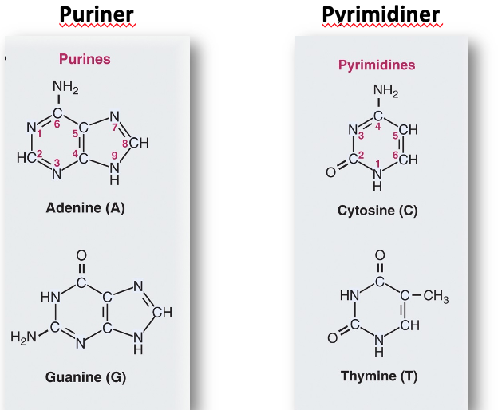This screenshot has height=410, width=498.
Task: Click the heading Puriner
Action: point(97,15)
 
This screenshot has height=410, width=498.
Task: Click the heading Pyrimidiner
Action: point(381,15)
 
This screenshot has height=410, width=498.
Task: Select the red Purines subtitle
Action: point(85,59)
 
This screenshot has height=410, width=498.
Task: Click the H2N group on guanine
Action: point(23,337)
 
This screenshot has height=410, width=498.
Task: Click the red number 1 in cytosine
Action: point(378,164)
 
